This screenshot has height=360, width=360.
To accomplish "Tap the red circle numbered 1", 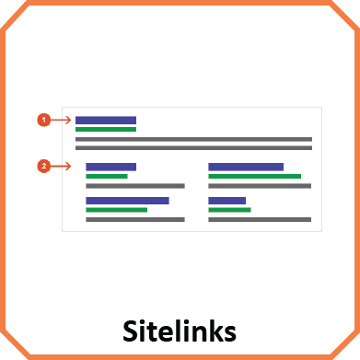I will [x=43, y=120].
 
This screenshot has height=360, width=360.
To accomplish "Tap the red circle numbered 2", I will [x=43, y=167].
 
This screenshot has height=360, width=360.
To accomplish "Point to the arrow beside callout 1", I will [x=62, y=120].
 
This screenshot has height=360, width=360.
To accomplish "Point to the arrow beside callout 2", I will [x=62, y=167].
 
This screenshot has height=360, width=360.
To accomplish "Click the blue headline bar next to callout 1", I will [x=105, y=120].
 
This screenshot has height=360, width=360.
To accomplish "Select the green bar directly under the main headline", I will [x=105, y=130].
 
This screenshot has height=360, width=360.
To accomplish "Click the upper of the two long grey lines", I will [x=193, y=139].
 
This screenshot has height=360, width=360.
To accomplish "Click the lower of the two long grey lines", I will [x=193, y=147].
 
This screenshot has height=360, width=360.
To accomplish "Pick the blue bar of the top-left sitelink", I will [x=110, y=167].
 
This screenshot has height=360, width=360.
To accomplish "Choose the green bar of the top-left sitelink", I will [x=106, y=176].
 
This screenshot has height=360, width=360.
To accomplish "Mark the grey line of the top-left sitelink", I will [x=134, y=186].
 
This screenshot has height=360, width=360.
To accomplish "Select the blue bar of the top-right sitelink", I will [x=246, y=167].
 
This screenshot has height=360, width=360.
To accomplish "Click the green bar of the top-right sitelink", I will [x=254, y=176].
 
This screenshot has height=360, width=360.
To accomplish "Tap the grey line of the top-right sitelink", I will [x=260, y=186].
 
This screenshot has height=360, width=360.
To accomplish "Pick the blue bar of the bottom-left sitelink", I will [x=127, y=200].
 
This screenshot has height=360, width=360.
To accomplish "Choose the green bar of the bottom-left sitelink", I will [x=116, y=210].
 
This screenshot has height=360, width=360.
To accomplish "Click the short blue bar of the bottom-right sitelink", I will [x=226, y=200].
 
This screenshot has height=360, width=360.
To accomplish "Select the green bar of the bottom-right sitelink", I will [x=229, y=210].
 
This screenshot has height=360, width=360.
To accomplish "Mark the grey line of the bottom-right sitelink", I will [x=260, y=220].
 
